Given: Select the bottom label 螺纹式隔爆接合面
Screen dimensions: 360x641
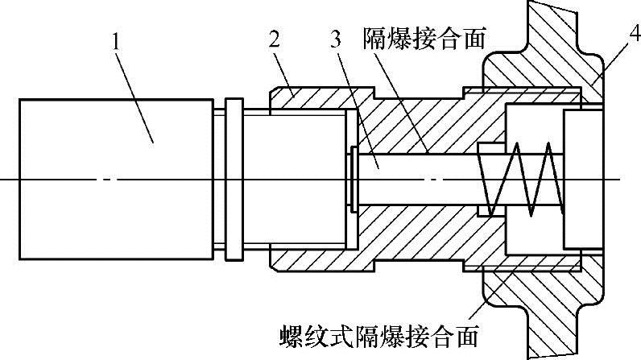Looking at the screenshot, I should coord(378,332).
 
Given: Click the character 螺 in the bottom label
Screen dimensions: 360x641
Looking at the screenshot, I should coord(289,332).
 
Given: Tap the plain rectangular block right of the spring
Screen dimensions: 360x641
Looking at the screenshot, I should coord(581,178).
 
